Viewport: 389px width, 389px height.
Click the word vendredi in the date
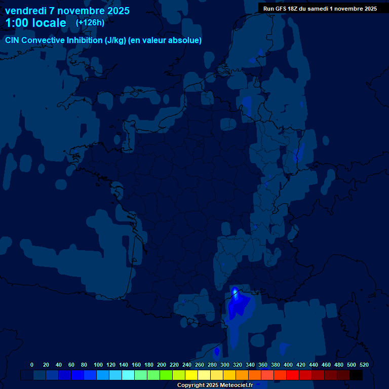coord(26,11)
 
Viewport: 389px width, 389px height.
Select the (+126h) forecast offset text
coord(90,23)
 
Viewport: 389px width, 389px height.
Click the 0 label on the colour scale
coord(32,365)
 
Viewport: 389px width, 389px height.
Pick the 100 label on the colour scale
coord(98,365)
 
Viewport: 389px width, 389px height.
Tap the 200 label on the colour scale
coord(162,365)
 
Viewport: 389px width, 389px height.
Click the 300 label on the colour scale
coord(225,365)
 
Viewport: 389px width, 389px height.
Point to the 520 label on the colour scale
coord(364,365)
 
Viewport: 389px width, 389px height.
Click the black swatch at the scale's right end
coord(356,375)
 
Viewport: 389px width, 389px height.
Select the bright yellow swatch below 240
coord(191,375)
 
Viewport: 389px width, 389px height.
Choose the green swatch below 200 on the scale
coord(166,375)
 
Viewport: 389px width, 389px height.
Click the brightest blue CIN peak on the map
coord(235,292)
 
